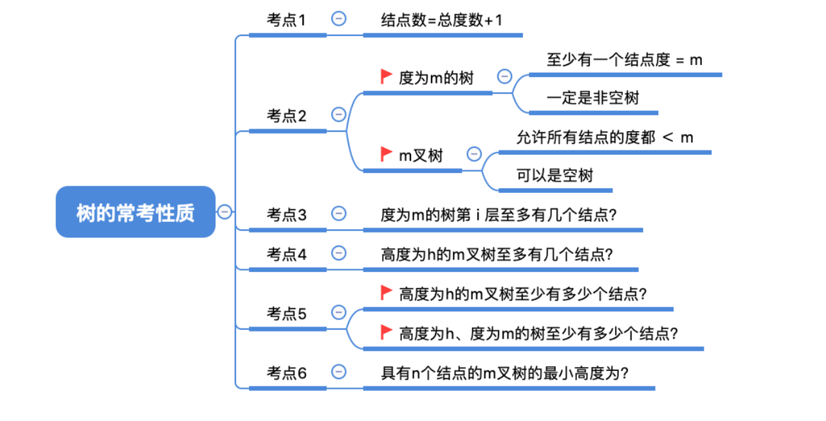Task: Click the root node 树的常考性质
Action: tap(135, 212)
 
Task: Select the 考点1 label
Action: tap(287, 20)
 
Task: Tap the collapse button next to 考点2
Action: tap(338, 114)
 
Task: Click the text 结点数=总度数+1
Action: tap(442, 20)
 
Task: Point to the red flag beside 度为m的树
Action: tap(387, 77)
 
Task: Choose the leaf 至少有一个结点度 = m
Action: tap(624, 60)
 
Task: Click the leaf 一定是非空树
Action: tap(592, 98)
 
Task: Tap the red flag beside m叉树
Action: tap(387, 154)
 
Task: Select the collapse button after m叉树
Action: tap(474, 154)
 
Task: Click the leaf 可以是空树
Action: tap(555, 175)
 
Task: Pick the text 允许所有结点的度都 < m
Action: tap(605, 138)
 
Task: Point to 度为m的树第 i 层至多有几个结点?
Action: tap(499, 215)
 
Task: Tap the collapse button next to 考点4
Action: tap(338, 253)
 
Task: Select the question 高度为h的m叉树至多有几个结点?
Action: tap(497, 255)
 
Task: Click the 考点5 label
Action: tap(287, 314)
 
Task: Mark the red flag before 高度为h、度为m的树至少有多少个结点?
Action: tap(387, 332)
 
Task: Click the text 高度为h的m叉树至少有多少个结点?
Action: tap(522, 294)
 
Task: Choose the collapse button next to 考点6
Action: tap(338, 372)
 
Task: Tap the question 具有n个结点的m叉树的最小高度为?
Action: tap(504, 373)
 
